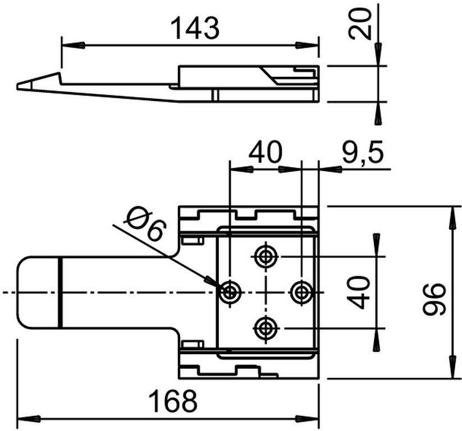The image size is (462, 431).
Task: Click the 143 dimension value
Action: click(x=194, y=29)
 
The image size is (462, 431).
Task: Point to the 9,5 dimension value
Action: click(x=362, y=153)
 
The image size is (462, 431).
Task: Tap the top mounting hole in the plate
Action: click(x=265, y=257)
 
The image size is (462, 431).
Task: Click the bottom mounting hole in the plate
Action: click(x=265, y=327)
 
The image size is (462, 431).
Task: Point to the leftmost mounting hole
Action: click(x=230, y=292)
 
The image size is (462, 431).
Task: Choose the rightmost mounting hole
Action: click(x=301, y=292)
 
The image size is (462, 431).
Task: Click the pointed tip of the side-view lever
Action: click(x=18, y=86)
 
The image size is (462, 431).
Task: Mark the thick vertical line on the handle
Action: click(x=59, y=292)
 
